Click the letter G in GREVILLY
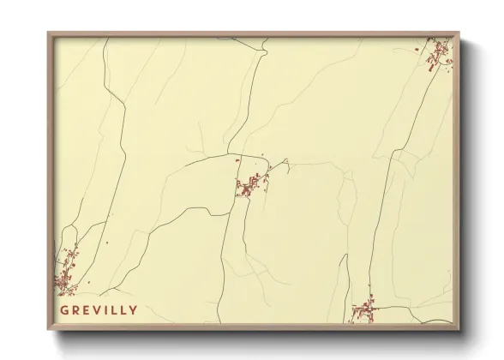coord(64,309)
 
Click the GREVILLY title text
coord(99,309)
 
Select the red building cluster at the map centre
coord(250,184)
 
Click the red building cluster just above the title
coord(65,273)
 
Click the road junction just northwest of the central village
coord(238,156)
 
